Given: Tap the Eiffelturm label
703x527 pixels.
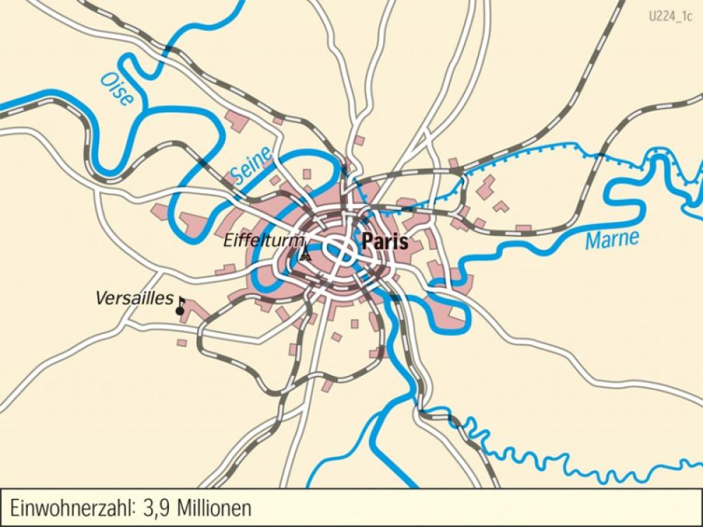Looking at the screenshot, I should [x=259, y=240].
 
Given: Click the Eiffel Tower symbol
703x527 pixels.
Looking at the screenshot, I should [x=305, y=254].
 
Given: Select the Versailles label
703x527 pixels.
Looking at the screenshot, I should [x=134, y=299].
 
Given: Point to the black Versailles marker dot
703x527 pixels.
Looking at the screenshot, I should [x=180, y=310].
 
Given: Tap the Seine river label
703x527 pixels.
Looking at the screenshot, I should [x=251, y=167].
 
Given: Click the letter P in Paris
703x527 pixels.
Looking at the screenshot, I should [x=366, y=241].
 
